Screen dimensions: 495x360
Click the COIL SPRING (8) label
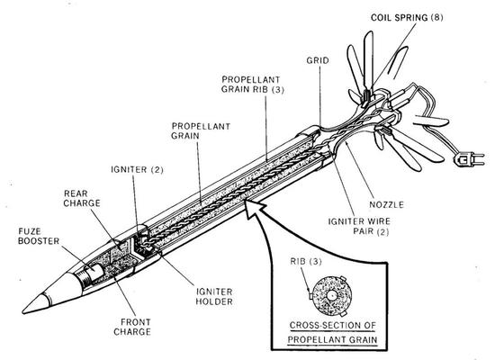pos(407,17)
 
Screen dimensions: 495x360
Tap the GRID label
pos(318,60)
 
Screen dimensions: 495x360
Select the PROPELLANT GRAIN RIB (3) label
pos(253,85)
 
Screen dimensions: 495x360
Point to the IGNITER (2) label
pos(137,169)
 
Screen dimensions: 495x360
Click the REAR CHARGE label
pos(82,198)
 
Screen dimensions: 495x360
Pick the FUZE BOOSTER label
pos(39,236)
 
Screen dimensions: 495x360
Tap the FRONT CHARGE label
pos(132,328)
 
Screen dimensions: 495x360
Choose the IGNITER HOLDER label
pos(214,296)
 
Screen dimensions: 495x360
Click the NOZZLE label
pos(386,204)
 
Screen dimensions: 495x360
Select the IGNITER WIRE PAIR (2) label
pos(359,226)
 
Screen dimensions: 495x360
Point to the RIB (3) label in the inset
pos(306,262)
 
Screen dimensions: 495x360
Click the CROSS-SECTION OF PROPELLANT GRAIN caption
pos(333,332)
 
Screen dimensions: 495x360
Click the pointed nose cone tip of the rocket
pos(24,311)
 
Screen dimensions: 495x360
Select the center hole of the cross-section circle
pos(331,296)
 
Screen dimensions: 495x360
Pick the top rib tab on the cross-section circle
pos(343,278)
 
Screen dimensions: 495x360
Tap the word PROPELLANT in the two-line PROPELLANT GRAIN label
pos(201,126)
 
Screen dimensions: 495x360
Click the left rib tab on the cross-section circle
pos(310,296)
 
